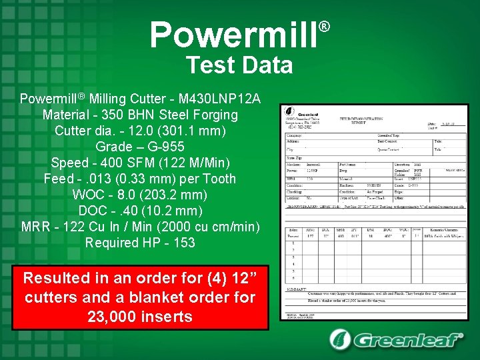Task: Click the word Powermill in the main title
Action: (233, 36)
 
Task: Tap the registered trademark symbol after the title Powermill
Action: (325, 27)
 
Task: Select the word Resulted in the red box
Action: (57, 277)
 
